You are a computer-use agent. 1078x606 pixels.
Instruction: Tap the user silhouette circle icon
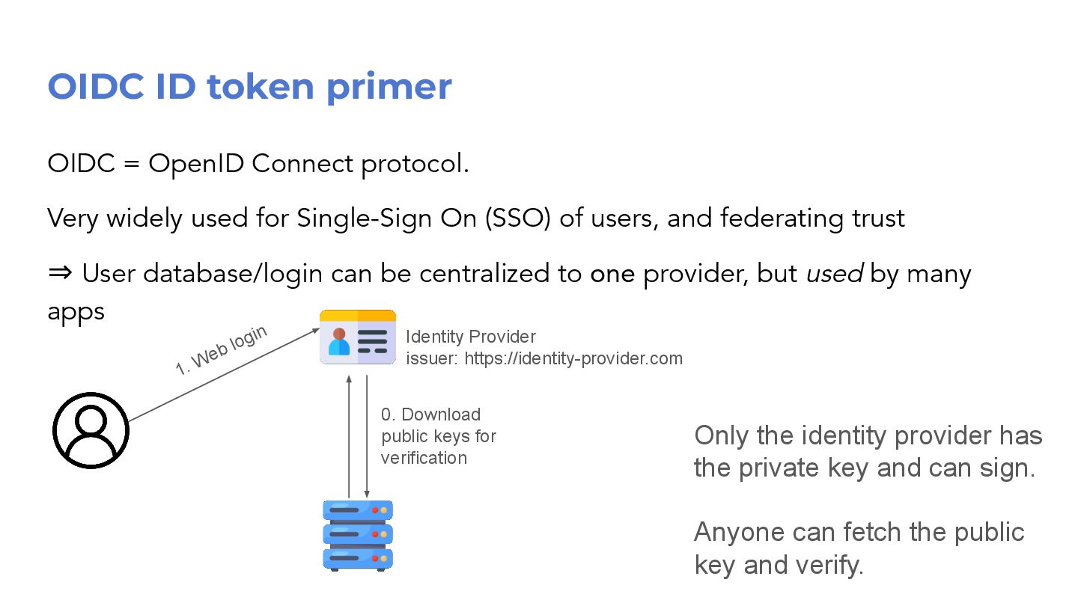tap(91, 431)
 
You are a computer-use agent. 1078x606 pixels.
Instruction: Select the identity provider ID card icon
tap(358, 337)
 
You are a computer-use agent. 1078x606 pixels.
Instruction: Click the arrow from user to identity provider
tap(225, 375)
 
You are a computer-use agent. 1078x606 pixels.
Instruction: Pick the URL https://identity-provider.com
tap(573, 358)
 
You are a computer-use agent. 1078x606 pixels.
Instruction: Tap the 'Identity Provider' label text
tap(471, 337)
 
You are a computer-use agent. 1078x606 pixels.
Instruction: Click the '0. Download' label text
tap(431, 414)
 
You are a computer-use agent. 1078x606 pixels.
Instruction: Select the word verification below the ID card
tap(424, 458)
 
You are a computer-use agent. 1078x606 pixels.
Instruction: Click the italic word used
tap(835, 274)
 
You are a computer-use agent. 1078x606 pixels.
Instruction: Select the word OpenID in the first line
tap(197, 163)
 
